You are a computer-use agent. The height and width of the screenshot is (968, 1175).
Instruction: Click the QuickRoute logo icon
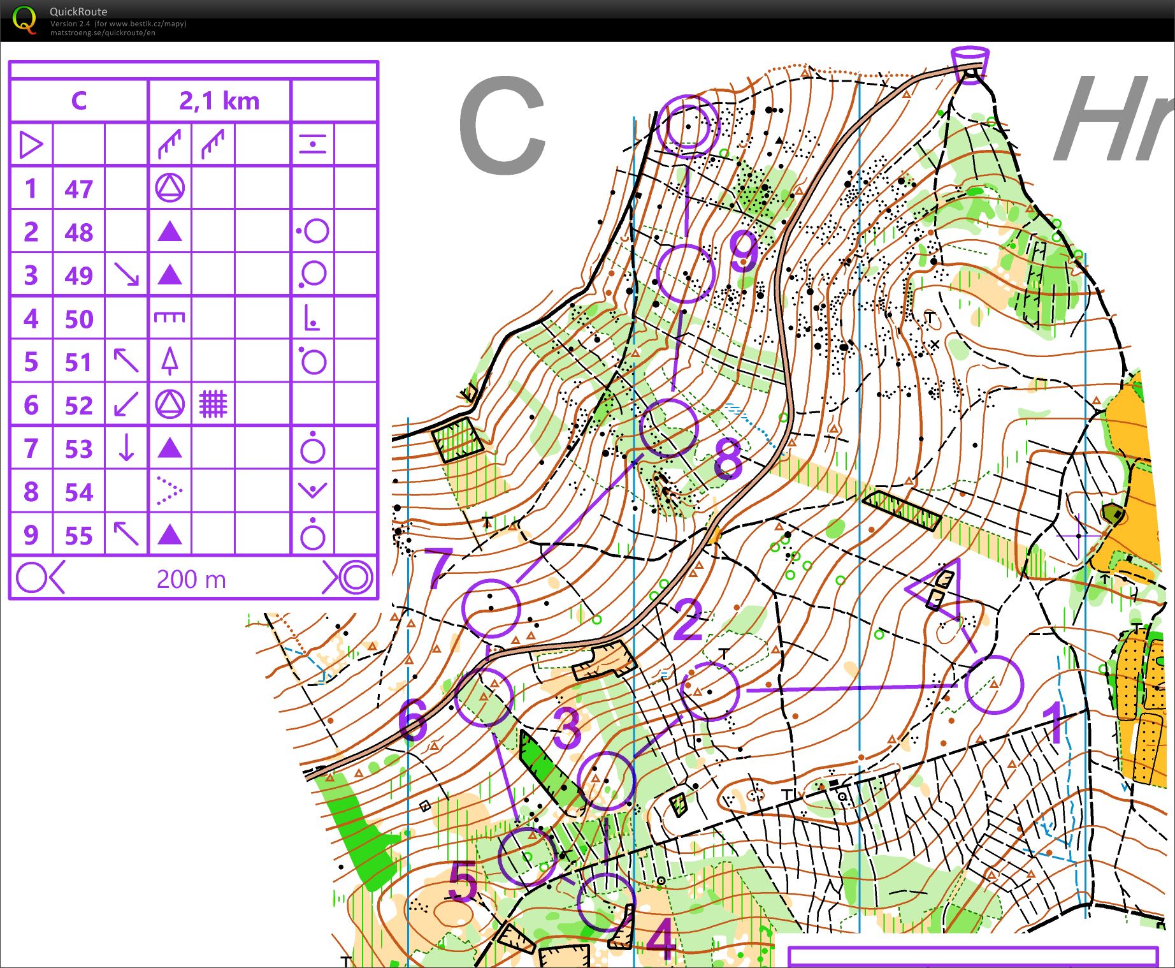click(24, 20)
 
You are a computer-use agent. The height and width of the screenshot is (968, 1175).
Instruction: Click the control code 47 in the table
click(78, 189)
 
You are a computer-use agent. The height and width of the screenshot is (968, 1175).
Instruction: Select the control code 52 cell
click(78, 406)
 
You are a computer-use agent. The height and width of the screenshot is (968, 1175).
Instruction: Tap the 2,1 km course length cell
click(219, 101)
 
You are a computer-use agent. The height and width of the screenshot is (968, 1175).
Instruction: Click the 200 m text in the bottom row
click(191, 579)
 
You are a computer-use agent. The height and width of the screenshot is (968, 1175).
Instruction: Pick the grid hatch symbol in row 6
click(213, 404)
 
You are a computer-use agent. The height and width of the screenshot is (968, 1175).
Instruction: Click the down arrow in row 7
click(126, 448)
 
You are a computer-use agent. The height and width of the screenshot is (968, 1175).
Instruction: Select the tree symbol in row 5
click(169, 362)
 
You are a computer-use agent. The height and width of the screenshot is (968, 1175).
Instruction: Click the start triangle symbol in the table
click(31, 144)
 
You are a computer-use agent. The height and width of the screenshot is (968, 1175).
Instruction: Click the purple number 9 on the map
click(743, 250)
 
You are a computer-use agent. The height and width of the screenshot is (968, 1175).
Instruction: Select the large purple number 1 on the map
click(1055, 723)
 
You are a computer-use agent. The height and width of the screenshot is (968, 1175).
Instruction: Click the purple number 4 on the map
click(661, 939)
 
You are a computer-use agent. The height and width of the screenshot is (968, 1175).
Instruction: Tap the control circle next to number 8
click(669, 428)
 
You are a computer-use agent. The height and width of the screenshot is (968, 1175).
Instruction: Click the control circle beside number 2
click(710, 691)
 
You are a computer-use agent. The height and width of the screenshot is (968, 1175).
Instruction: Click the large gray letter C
click(502, 125)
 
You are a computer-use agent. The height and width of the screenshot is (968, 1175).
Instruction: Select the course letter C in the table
click(78, 101)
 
